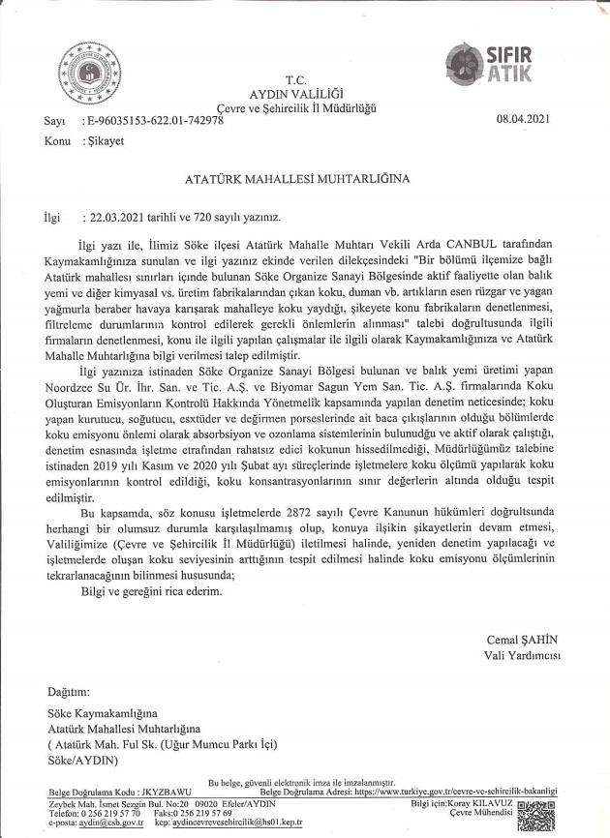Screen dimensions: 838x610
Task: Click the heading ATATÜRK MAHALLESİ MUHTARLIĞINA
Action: click(297, 179)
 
